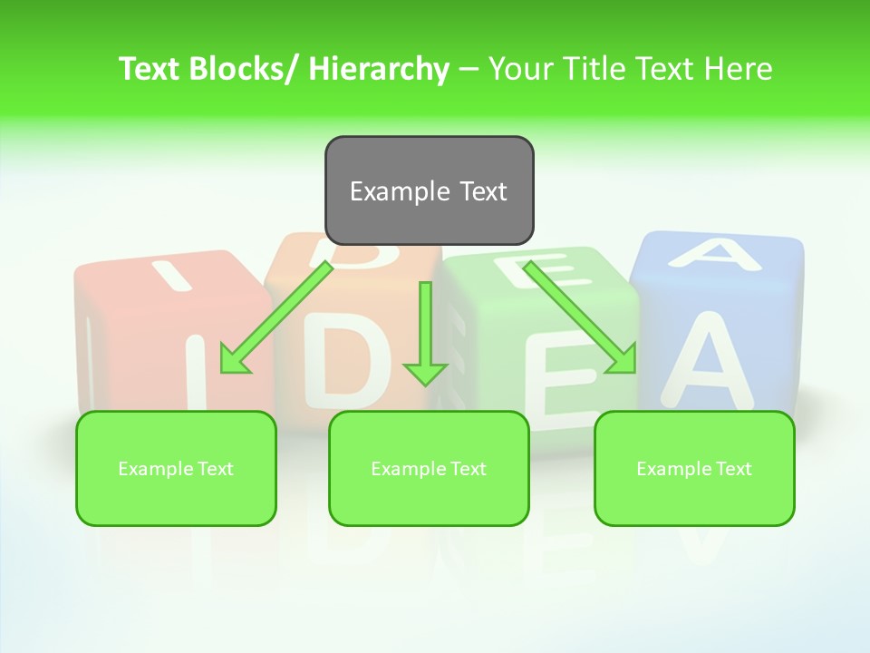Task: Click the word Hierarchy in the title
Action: tap(379, 69)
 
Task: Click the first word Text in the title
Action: tap(150, 69)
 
